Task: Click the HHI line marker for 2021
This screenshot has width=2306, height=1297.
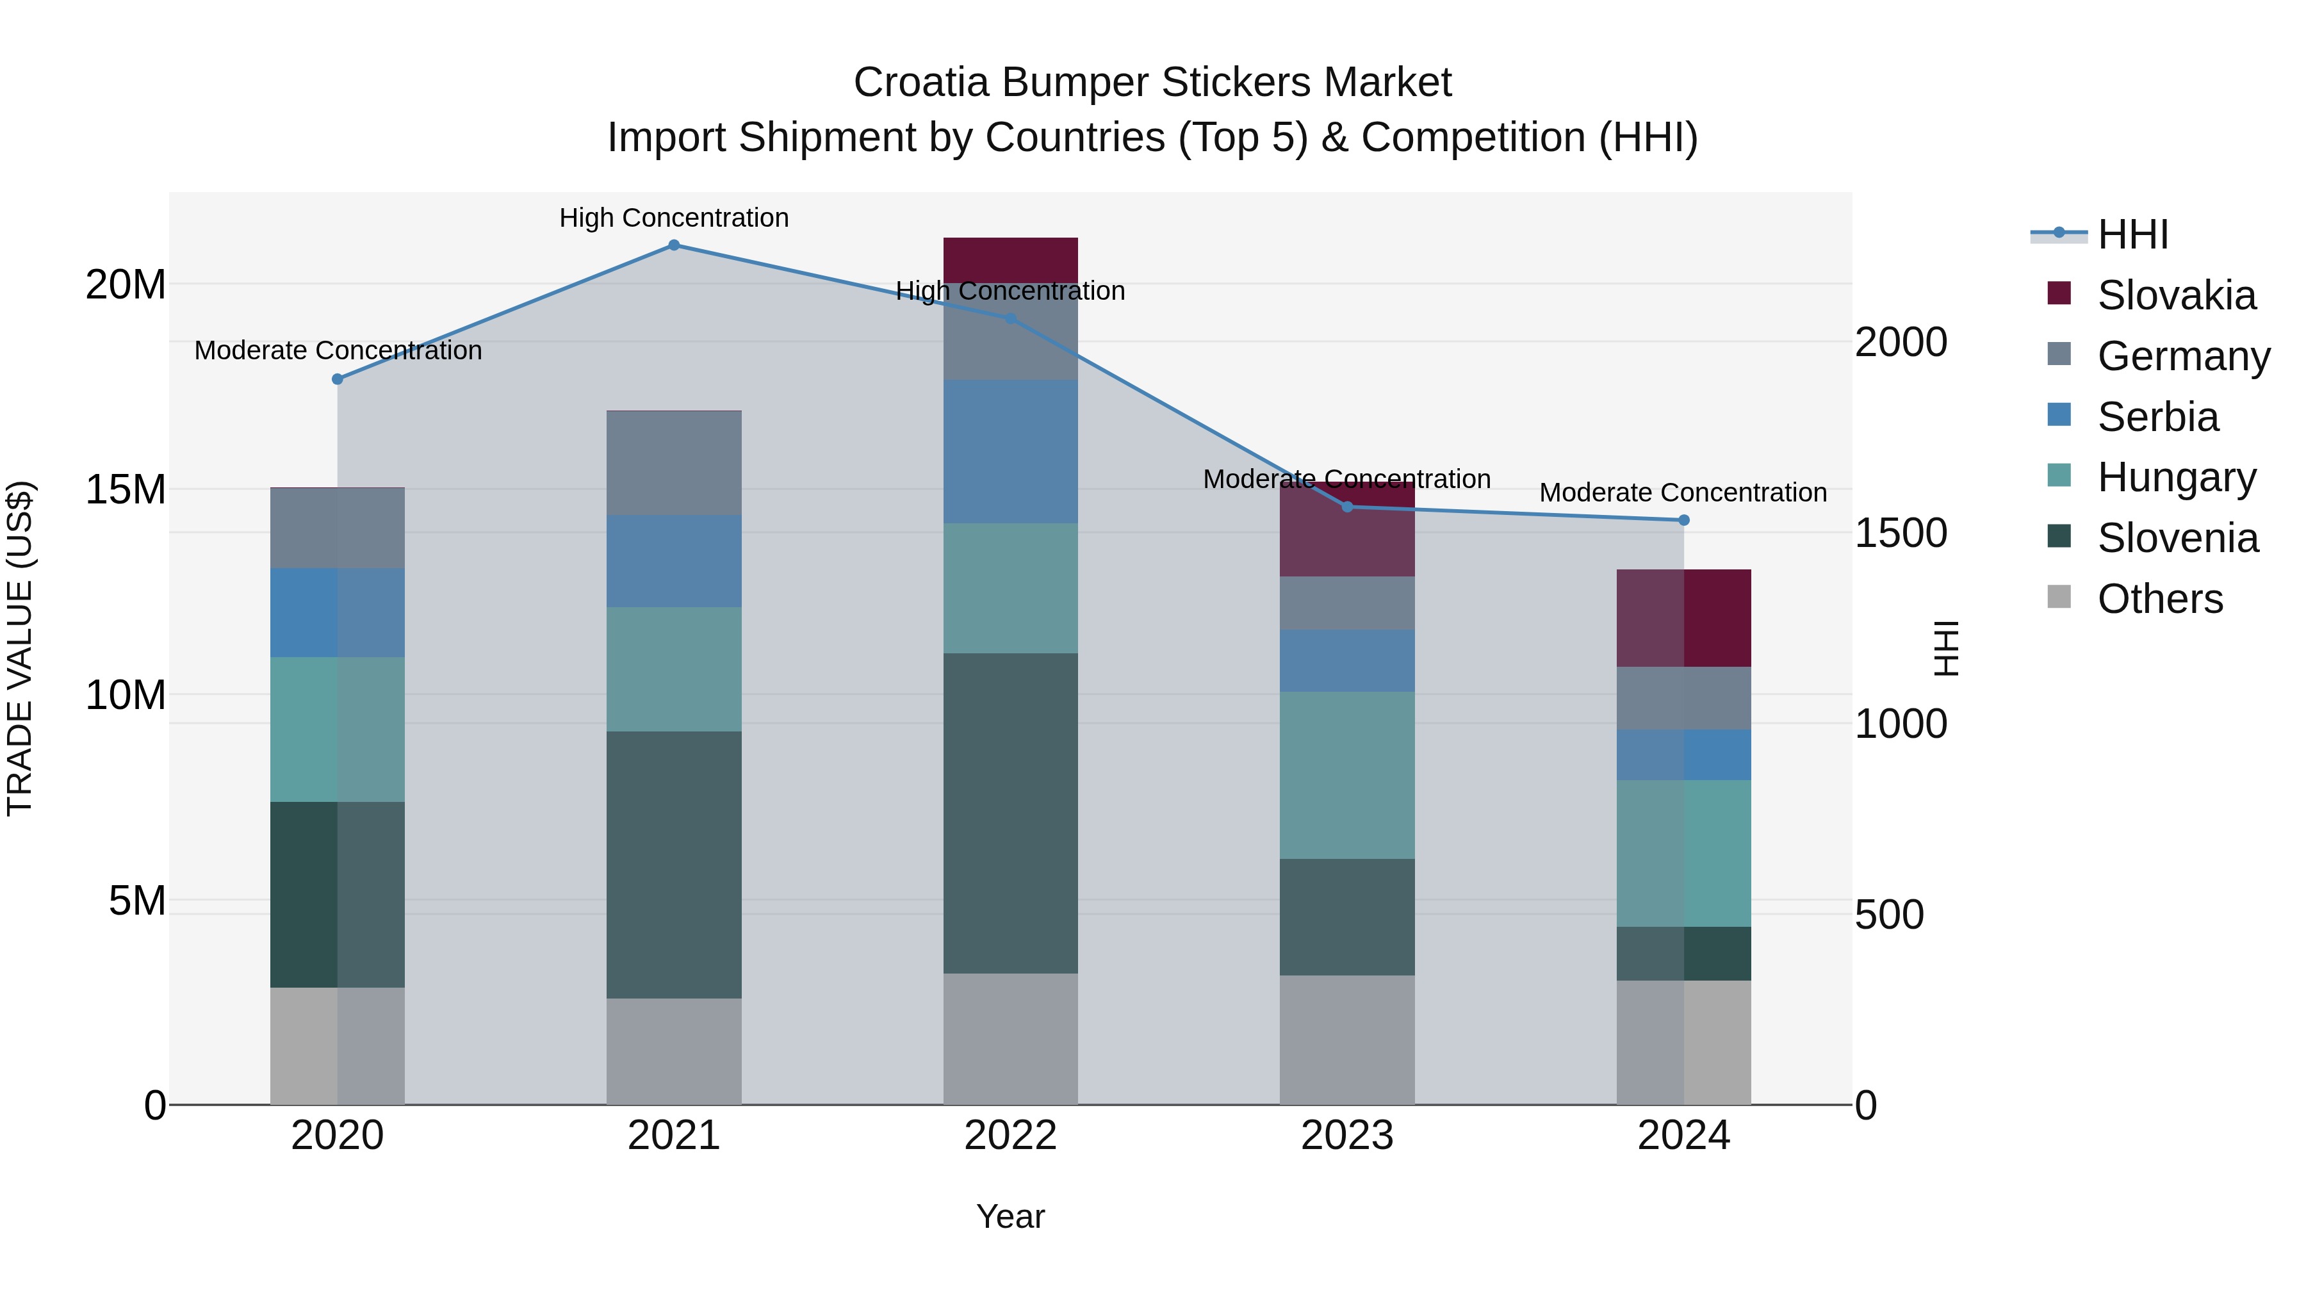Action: [674, 245]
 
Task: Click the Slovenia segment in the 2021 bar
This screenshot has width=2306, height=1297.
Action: [674, 865]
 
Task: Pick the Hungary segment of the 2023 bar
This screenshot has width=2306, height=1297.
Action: [1346, 775]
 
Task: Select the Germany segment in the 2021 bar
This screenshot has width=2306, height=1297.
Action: [674, 463]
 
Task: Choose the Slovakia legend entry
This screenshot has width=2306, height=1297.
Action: [2175, 295]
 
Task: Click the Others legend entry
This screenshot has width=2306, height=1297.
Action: [2159, 599]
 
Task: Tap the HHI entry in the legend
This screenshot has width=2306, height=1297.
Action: [2132, 234]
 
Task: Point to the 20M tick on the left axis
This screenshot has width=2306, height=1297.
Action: [126, 284]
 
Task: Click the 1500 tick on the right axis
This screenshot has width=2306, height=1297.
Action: [1900, 533]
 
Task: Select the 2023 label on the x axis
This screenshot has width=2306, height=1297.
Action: [1346, 1136]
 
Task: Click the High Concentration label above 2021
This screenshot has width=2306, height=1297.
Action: [674, 218]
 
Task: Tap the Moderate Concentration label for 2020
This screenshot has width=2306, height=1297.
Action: [338, 350]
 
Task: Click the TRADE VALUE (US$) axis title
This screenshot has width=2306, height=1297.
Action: [20, 648]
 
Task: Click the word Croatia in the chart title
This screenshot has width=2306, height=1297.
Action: [921, 83]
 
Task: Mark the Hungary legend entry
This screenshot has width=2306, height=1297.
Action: [2175, 477]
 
